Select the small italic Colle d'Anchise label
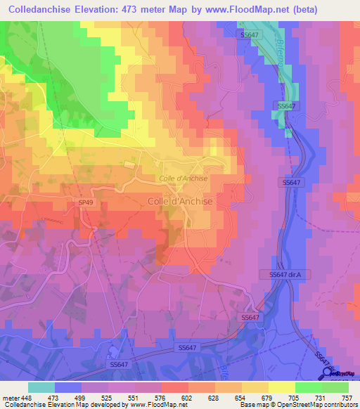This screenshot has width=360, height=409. point(182,178)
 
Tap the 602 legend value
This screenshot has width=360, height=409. point(187,397)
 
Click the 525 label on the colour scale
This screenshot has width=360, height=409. point(107,397)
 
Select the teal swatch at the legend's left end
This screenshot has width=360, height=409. point(41,387)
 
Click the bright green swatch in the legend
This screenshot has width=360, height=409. point(309,387)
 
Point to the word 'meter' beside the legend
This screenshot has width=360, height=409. point(10,397)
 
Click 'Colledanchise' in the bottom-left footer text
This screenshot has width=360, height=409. point(22,405)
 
